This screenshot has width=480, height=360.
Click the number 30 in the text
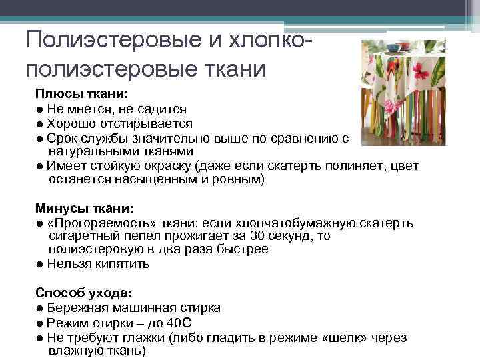[253, 236]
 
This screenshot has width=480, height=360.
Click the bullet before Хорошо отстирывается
[41, 123]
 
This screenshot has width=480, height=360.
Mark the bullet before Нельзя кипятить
[41, 264]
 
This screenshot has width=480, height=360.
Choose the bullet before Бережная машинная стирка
[41, 308]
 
